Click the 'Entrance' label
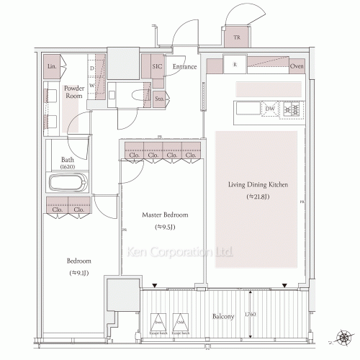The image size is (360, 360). (185, 66)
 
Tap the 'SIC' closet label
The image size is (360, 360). (156, 66)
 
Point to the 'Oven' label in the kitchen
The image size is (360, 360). (297, 67)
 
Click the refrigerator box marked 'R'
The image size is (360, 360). (235, 65)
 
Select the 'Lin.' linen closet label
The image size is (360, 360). (52, 66)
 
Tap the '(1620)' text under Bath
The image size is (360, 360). (68, 166)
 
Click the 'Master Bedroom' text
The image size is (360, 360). (166, 215)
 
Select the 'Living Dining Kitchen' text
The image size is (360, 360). (258, 185)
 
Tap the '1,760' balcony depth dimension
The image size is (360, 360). (249, 315)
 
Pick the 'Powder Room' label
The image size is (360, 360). (74, 91)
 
